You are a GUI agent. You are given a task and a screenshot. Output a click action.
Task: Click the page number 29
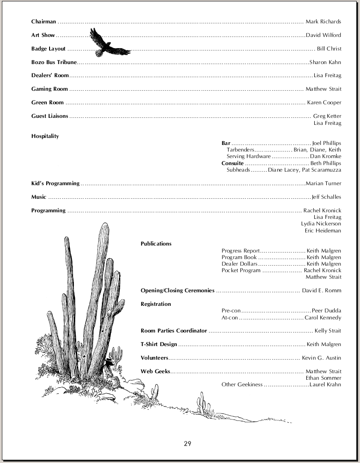click(x=187, y=443)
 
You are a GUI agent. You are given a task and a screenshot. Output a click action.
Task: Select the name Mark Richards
click(x=323, y=22)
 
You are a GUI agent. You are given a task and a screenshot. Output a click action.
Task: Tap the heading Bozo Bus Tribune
click(x=54, y=62)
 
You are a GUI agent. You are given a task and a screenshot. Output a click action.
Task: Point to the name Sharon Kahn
click(x=325, y=62)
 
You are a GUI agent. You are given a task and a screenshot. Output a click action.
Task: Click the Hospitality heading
click(x=45, y=136)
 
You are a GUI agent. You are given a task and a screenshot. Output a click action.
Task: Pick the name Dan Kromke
click(x=325, y=156)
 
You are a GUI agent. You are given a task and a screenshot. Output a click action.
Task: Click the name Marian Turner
click(x=323, y=183)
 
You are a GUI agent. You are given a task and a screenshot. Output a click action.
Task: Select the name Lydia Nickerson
click(x=321, y=224)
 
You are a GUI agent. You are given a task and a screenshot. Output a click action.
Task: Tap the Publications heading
click(x=156, y=244)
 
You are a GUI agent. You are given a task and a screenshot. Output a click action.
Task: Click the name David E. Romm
click(x=321, y=291)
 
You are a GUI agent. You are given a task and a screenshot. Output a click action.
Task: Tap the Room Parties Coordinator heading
click(x=173, y=331)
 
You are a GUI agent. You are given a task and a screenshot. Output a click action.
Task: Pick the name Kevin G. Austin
click(x=321, y=358)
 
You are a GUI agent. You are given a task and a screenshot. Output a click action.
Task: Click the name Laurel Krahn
click(x=325, y=385)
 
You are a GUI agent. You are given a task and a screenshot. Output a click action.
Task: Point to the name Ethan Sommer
click(x=324, y=378)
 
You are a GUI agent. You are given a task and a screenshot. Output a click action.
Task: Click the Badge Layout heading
click(x=48, y=49)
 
